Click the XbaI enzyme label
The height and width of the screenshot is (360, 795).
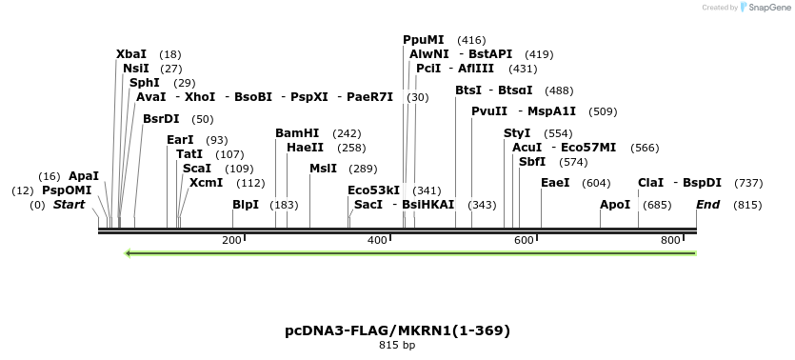(x=131, y=54)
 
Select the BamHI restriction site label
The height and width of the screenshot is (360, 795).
(x=297, y=133)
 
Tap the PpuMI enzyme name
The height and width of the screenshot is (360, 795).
(x=424, y=40)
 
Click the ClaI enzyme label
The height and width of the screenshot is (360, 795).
(x=650, y=182)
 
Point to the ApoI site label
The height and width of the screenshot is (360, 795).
(x=615, y=205)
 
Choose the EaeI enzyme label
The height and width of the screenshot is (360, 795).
(x=555, y=182)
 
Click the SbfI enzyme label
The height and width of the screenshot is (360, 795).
(x=532, y=162)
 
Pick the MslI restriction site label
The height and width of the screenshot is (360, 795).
(x=323, y=169)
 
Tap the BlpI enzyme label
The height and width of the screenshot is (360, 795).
(x=246, y=205)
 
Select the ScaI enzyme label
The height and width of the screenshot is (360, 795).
(x=197, y=169)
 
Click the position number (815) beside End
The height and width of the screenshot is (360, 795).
(x=747, y=205)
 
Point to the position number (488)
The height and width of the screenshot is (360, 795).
(x=559, y=90)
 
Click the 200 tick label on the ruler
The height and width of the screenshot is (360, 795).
(x=231, y=240)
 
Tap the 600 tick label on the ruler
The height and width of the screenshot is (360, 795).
(x=524, y=240)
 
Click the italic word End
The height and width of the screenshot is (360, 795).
(x=708, y=205)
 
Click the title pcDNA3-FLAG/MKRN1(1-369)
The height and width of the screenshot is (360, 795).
(x=397, y=330)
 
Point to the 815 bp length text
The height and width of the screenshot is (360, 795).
(x=397, y=345)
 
